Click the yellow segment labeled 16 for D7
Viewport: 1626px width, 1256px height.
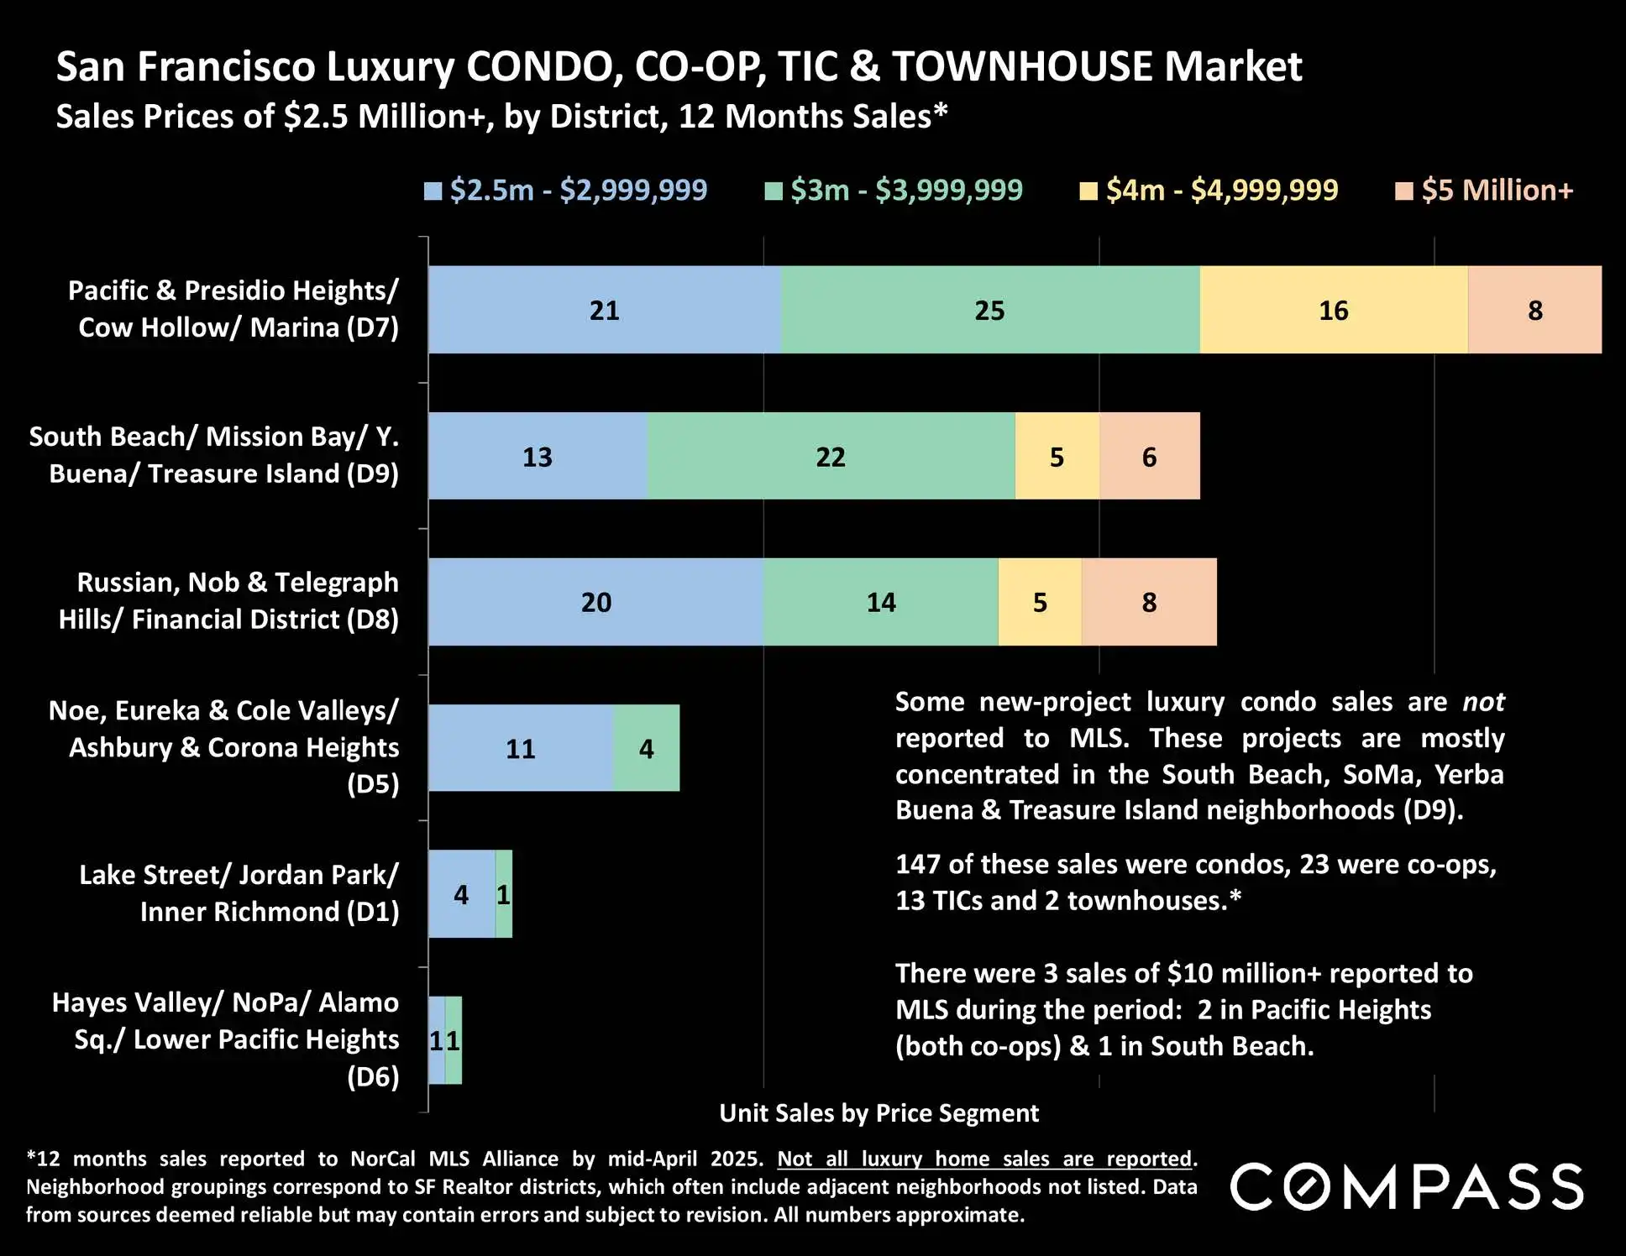(1334, 310)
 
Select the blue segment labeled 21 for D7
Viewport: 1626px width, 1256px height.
(604, 310)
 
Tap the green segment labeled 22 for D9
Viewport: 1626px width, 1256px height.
(831, 456)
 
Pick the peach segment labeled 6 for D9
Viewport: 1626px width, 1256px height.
(1149, 456)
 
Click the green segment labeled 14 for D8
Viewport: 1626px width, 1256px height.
(880, 602)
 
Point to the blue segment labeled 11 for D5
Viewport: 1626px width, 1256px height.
(521, 748)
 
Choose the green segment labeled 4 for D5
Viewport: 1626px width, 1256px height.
(646, 748)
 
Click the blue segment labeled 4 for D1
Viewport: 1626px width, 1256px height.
(461, 894)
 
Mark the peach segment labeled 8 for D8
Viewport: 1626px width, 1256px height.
(1149, 602)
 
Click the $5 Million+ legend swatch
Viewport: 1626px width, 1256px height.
(1403, 191)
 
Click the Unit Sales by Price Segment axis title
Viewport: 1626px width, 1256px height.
(879, 1112)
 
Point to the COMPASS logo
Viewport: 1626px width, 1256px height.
(1407, 1186)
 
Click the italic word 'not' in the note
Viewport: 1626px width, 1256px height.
(1482, 701)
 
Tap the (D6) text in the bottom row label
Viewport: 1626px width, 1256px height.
(373, 1076)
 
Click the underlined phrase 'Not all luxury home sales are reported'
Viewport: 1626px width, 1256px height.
(984, 1159)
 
